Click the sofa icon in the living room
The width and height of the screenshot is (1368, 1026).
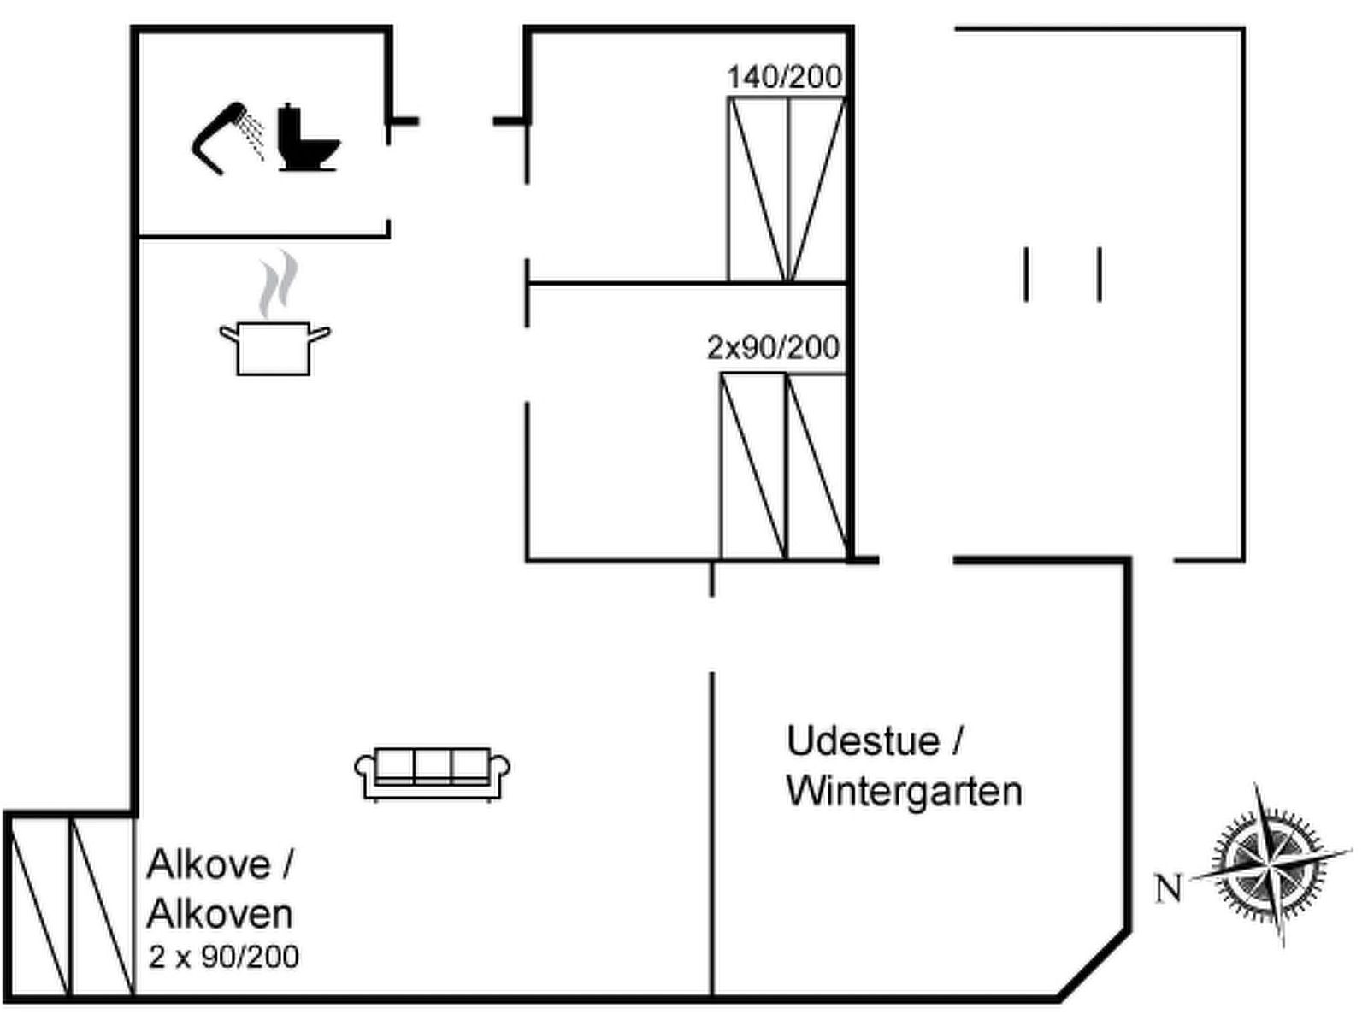[433, 774]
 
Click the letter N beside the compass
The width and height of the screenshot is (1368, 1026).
[1167, 889]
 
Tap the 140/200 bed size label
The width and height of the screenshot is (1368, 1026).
[784, 78]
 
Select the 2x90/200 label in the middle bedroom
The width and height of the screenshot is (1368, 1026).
[773, 348]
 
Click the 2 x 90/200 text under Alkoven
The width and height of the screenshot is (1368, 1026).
[224, 957]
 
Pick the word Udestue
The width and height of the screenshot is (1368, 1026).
[864, 740]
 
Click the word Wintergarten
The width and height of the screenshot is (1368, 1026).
[904, 791]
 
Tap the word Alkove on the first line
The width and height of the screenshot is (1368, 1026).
[208, 864]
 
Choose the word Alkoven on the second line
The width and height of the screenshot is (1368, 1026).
[220, 914]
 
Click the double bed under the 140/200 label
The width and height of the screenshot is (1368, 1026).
[786, 189]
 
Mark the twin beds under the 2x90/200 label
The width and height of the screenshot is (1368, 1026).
[783, 467]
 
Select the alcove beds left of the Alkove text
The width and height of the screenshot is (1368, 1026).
[70, 907]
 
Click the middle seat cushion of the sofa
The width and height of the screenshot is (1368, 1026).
[433, 765]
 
